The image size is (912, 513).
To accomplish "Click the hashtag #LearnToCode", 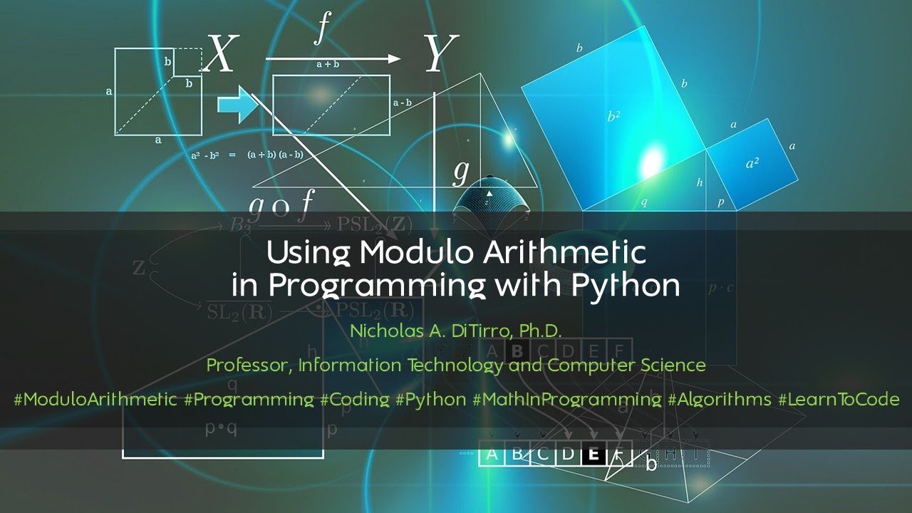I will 839,399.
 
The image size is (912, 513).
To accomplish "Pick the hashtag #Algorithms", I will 720,399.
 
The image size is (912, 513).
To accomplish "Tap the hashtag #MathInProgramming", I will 567,399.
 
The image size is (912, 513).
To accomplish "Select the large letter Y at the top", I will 440,55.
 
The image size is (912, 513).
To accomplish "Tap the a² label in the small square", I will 752,163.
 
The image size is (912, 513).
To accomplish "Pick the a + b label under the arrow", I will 328,65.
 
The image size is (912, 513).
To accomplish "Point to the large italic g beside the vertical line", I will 461,172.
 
